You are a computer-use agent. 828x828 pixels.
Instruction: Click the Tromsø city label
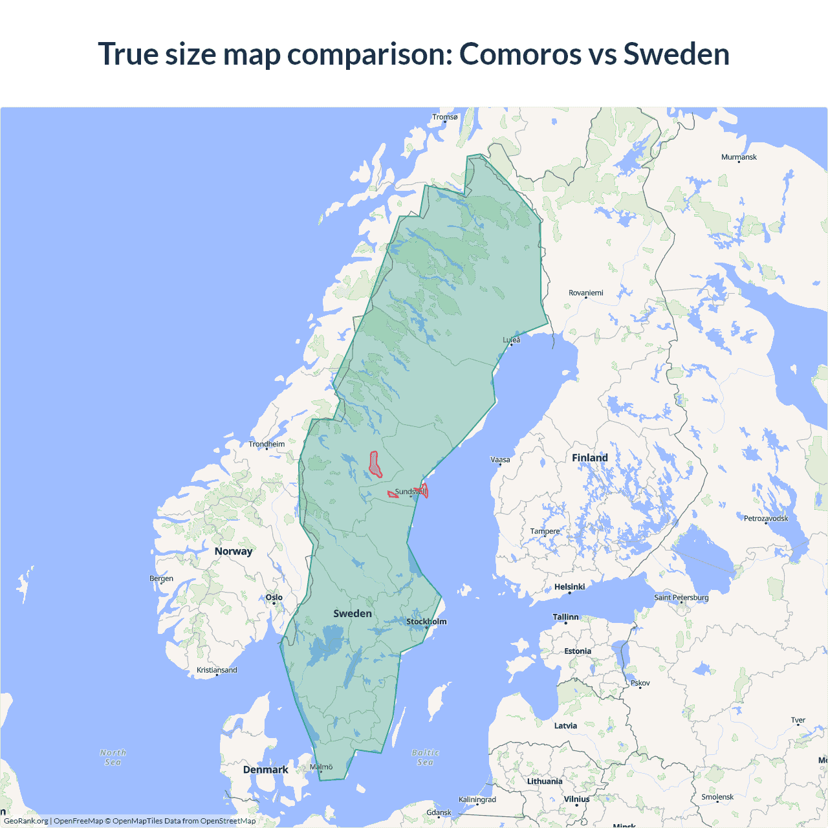(444, 117)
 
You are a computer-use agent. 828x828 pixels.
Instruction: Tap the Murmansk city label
(739, 157)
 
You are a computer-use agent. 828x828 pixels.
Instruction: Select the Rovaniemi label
(585, 293)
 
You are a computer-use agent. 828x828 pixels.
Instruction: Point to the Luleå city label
(512, 340)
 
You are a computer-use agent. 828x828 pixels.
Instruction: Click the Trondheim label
(267, 444)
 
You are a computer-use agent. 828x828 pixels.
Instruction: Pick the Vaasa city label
(500, 460)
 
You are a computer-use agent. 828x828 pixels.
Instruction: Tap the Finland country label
(589, 458)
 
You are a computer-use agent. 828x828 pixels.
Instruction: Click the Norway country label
(234, 551)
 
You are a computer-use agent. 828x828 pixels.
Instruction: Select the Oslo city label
(274, 598)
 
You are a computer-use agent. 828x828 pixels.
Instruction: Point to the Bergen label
(161, 578)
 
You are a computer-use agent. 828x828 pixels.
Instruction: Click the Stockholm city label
(426, 622)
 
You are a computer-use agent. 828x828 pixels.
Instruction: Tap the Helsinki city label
(569, 587)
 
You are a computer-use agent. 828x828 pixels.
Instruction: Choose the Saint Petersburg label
(681, 597)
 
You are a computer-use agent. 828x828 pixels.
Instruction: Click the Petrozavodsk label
(766, 518)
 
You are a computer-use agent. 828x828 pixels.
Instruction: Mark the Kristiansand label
(217, 670)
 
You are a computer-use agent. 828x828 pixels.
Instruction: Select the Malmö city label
(321, 767)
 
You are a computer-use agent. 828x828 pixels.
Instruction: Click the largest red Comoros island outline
(375, 464)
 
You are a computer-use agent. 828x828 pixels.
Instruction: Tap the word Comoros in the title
(520, 54)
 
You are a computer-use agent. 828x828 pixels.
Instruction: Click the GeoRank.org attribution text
(26, 821)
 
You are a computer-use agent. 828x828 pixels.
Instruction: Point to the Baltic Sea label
(425, 757)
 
